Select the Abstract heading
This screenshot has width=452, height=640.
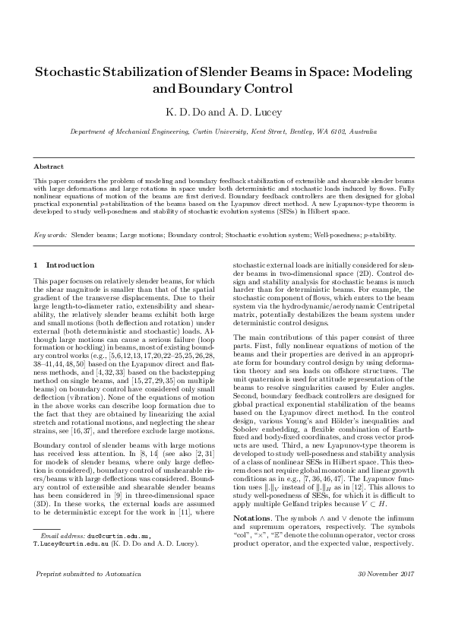click(x=49, y=166)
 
